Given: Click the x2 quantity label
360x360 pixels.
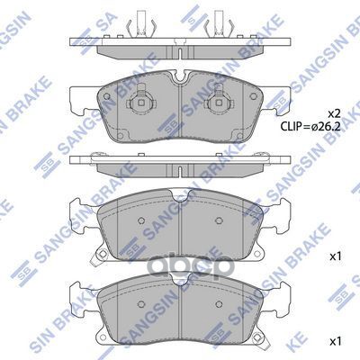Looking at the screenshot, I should pyautogui.click(x=333, y=113).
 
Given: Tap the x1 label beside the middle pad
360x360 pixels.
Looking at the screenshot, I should pyautogui.click(x=336, y=257).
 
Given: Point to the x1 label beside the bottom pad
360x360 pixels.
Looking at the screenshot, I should pyautogui.click(x=336, y=342).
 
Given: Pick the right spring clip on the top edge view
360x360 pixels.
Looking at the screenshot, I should pyautogui.click(x=217, y=28).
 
